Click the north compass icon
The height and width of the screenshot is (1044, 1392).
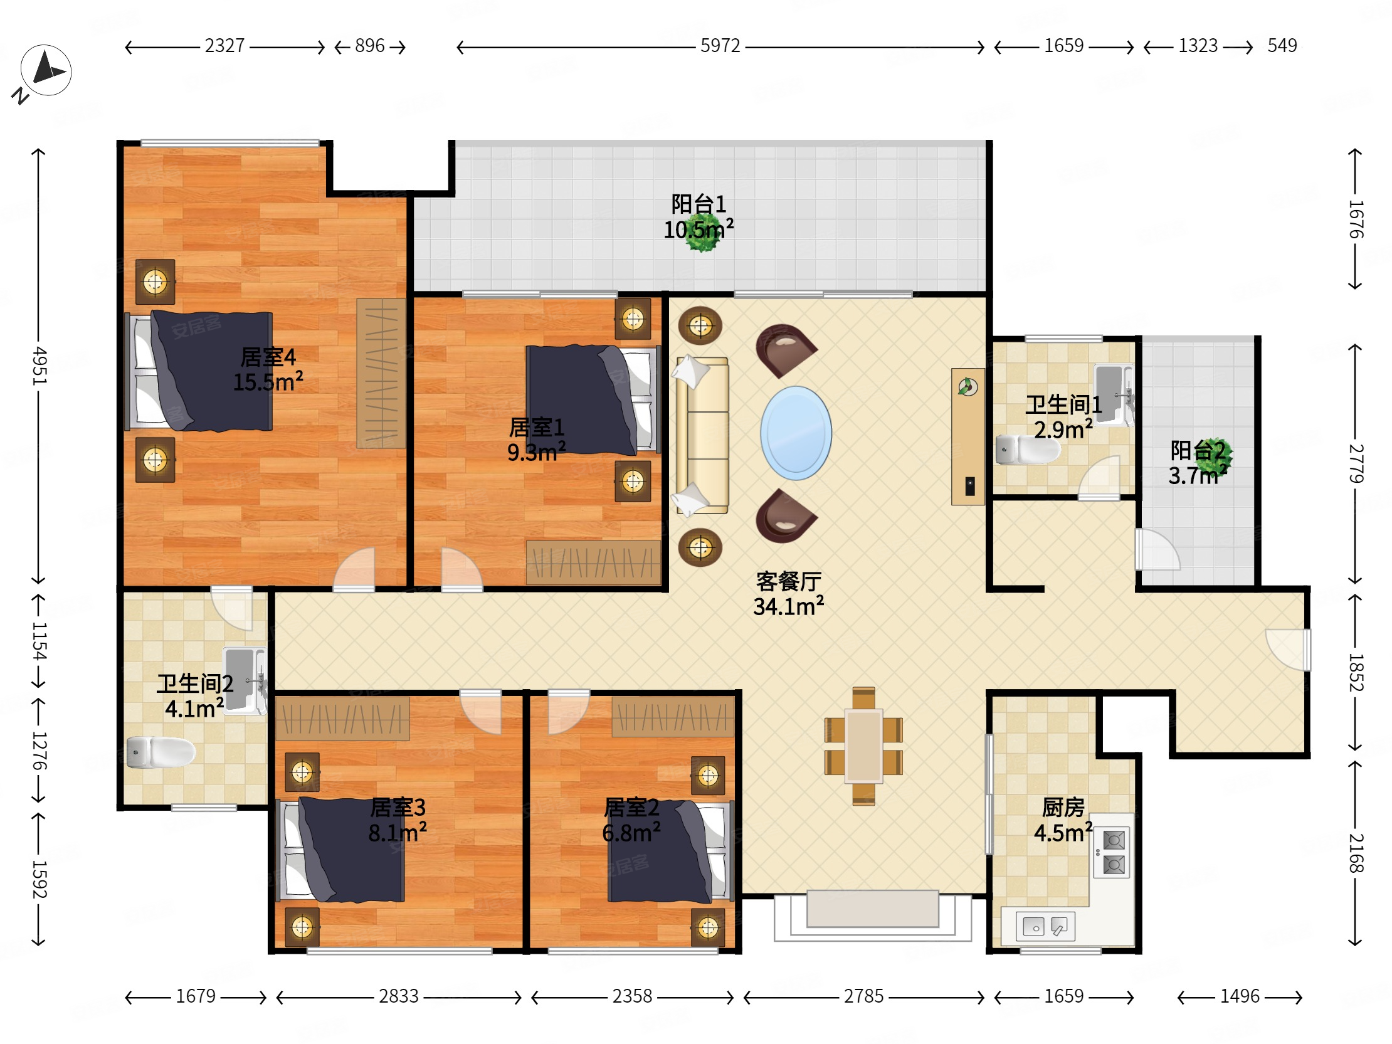tap(45, 70)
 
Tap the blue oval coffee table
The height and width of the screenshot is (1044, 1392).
tap(796, 433)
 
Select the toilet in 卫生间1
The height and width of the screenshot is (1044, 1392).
tap(1028, 450)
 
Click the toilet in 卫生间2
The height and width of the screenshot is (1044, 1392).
tap(161, 752)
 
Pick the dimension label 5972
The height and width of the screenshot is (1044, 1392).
tap(720, 46)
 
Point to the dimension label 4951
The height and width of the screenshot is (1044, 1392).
tap(39, 365)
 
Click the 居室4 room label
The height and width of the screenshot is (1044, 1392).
tap(268, 357)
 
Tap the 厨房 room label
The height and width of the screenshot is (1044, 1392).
tap(1063, 808)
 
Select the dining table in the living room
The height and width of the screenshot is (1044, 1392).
tap(863, 746)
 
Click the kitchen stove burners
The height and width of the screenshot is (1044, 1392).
tap(1112, 853)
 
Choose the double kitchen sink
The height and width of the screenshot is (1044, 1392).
tap(1045, 925)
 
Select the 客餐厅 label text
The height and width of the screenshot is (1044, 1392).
tap(789, 581)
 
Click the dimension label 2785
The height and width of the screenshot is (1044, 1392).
tap(863, 996)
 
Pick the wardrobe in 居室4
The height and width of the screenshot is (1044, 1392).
tap(381, 373)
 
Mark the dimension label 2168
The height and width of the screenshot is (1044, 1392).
tap(1356, 853)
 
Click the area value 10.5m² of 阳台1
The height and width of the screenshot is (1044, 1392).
tap(699, 229)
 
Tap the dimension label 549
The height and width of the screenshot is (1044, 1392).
tap(1282, 46)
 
